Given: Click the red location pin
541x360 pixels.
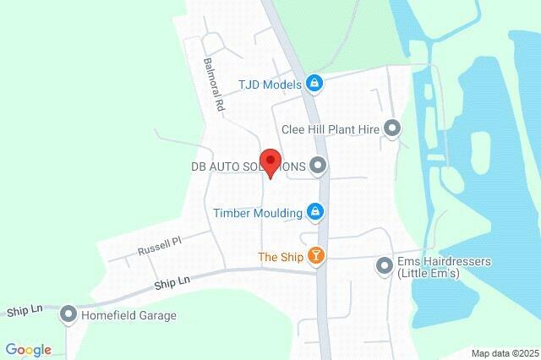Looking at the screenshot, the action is point(270,161).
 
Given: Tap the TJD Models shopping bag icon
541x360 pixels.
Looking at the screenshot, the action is point(314,83).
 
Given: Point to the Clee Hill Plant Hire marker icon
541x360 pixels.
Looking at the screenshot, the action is point(392,128).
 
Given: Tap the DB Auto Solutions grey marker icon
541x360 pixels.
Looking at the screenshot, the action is point(318,166).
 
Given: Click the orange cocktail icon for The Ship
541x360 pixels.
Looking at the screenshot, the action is point(315,256).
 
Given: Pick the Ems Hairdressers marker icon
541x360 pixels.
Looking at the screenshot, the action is point(385,267).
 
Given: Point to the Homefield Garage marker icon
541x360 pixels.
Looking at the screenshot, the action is point(68,315).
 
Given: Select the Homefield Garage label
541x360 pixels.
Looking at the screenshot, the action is point(128,316).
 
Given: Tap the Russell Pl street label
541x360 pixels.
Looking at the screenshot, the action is point(160,246).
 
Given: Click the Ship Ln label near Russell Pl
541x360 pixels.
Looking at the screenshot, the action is point(172,282).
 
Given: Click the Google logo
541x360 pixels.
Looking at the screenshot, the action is point(28,350).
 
